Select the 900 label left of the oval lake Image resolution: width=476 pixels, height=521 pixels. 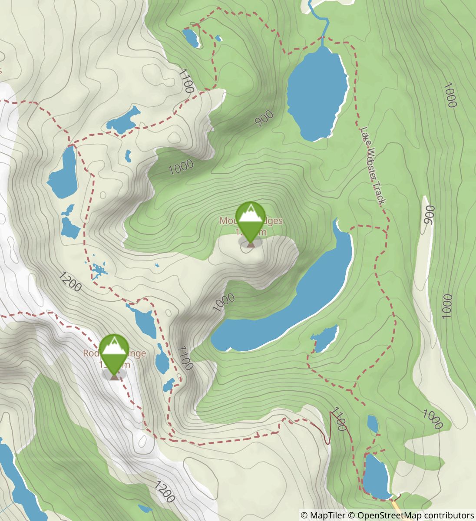264,118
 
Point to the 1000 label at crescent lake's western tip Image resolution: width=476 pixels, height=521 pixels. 224,302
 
